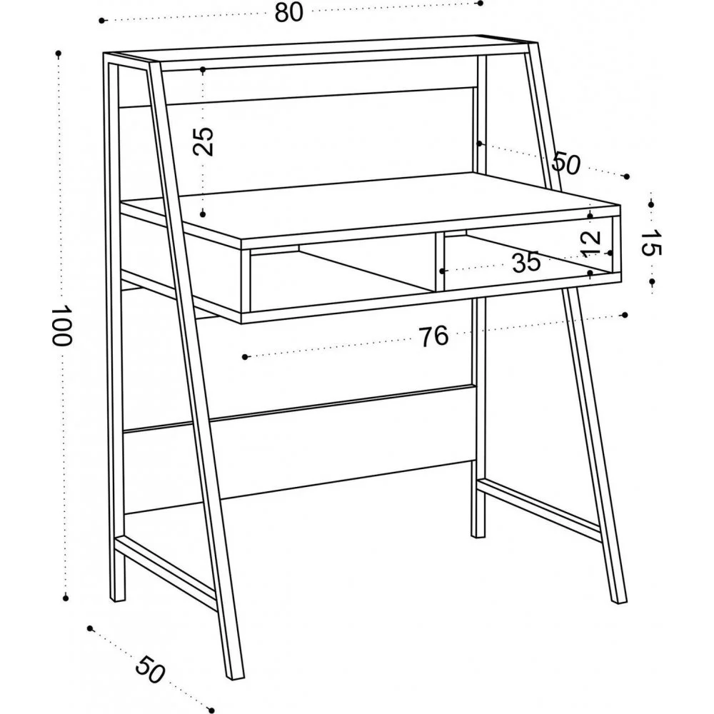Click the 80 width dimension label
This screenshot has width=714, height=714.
(288, 12)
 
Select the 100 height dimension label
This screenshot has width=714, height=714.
(61, 325)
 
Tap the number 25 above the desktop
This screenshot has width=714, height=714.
(203, 141)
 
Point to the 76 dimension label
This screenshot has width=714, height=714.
(433, 336)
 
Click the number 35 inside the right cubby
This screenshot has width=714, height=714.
(526, 262)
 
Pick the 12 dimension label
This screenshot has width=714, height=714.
(591, 243)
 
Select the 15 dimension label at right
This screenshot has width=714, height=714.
(650, 243)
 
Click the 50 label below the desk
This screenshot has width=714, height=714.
(150, 670)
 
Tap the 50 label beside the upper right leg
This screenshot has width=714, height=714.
(566, 163)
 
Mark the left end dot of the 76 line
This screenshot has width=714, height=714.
(245, 357)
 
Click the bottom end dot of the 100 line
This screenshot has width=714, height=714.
(66, 598)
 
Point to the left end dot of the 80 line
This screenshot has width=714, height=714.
(101, 21)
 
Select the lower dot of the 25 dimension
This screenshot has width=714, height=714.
(203, 213)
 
